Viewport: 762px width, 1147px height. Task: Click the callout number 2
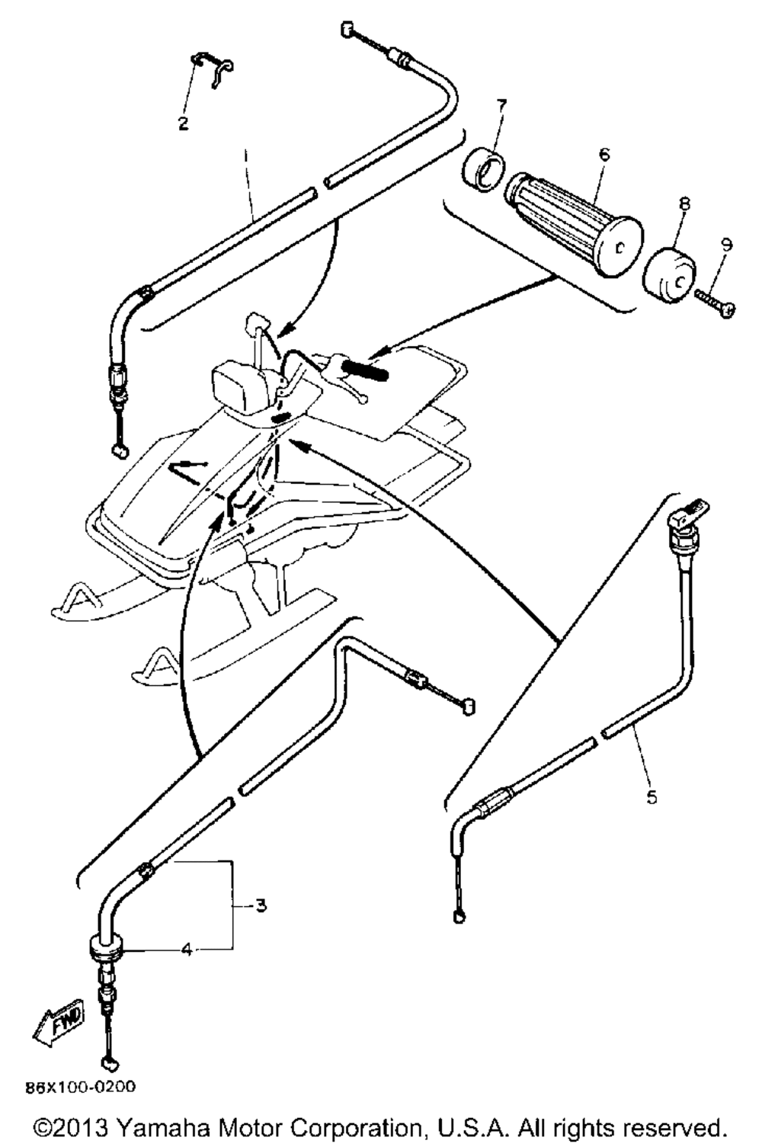(183, 123)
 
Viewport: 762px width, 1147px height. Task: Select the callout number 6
(604, 154)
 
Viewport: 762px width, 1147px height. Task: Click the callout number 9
(725, 245)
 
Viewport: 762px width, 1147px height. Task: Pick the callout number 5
(652, 796)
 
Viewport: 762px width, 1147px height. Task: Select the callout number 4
(187, 950)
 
